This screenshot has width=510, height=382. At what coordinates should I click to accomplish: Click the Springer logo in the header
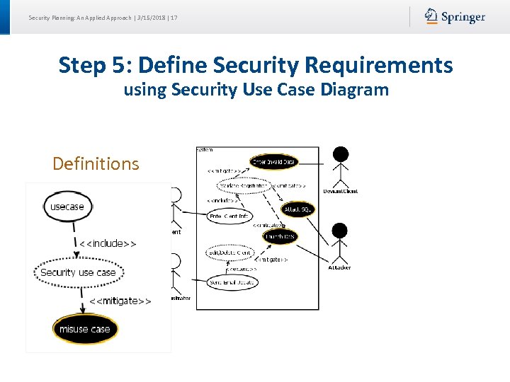click(x=455, y=17)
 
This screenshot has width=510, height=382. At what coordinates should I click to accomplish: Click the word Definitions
click(x=96, y=164)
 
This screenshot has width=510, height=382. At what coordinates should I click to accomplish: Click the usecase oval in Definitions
click(x=68, y=207)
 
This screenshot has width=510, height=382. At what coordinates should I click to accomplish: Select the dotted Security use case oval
click(x=78, y=272)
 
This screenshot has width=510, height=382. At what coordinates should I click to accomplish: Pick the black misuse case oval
click(x=85, y=329)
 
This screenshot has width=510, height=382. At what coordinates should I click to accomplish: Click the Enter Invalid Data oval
click(x=273, y=162)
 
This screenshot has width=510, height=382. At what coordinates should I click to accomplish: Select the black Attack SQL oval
click(x=297, y=209)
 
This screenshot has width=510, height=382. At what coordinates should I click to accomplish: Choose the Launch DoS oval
click(x=280, y=236)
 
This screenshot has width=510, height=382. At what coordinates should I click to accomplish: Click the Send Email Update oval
click(x=232, y=282)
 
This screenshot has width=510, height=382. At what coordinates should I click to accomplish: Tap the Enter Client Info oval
click(x=229, y=216)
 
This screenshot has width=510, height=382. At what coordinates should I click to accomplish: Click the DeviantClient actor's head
click(x=341, y=154)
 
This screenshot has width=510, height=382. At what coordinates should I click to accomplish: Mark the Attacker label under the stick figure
click(x=339, y=267)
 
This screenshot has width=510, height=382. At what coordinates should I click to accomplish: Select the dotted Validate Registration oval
click(x=242, y=185)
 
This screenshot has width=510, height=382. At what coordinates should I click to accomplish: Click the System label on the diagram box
click(x=205, y=149)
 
